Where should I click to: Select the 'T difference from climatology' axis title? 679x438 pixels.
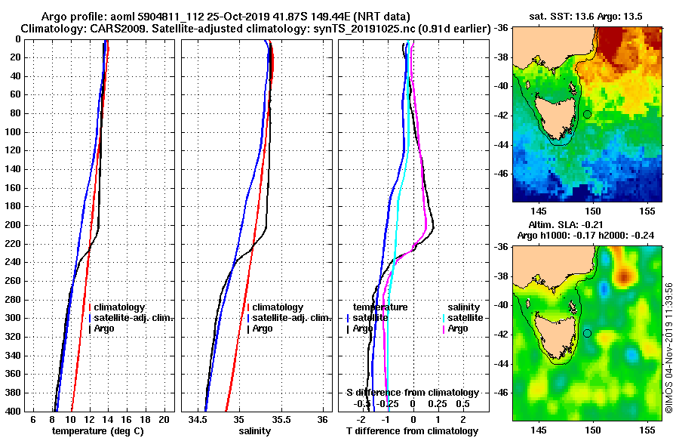click(412, 431)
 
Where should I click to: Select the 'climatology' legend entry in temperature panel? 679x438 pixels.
click(118, 307)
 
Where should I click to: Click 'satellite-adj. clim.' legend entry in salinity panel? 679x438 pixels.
click(291, 318)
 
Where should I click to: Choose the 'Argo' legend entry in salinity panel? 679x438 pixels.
click(263, 328)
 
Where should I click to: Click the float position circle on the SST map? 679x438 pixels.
click(587, 114)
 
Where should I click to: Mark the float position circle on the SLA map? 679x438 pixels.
click(587, 333)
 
